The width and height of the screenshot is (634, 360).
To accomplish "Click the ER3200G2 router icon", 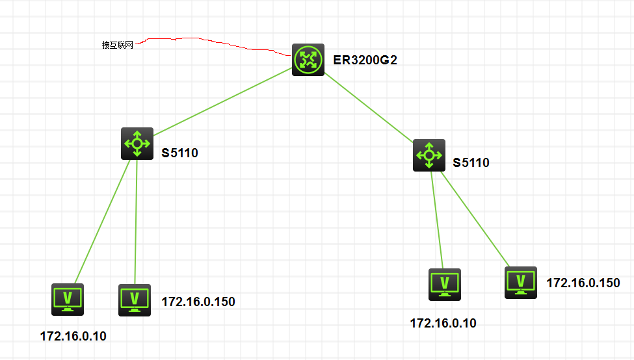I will click(308, 60).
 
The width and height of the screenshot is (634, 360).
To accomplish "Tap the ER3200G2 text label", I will click(365, 61).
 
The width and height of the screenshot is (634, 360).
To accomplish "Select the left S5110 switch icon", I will click(137, 144).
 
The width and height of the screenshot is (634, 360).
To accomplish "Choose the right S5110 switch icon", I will click(429, 155).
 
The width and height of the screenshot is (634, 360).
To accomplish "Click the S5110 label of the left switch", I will click(179, 153).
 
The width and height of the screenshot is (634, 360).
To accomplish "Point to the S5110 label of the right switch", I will click(471, 162).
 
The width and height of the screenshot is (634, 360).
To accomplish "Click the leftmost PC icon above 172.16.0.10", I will click(68, 299).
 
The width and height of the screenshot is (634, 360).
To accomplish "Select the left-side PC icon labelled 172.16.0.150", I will click(135, 300).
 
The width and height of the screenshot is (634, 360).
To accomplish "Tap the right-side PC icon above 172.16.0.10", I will click(445, 284).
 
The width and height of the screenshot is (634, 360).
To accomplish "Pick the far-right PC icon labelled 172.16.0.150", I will click(521, 282).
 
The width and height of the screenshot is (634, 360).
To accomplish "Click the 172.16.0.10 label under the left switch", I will click(73, 336).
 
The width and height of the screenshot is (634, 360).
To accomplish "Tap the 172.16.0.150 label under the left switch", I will click(198, 302).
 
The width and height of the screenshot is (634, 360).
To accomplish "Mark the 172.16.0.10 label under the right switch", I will click(443, 323).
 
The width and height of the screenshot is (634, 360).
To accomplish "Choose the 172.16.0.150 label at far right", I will click(583, 283).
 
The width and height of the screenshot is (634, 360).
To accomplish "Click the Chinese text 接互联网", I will click(117, 45).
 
